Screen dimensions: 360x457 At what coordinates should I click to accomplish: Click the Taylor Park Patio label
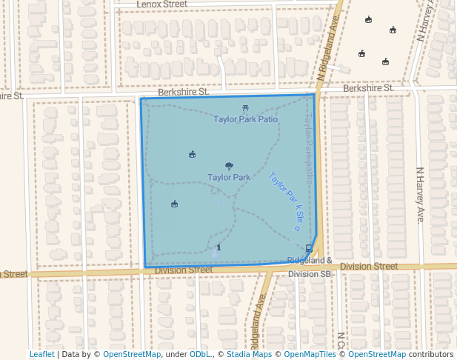246,119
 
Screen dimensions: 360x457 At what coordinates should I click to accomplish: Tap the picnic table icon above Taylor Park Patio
245,109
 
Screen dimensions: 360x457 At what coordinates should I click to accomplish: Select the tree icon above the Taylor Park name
229,167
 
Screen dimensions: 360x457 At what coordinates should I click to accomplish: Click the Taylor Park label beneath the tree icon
229,177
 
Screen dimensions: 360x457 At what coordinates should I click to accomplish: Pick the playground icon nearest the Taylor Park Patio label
193,154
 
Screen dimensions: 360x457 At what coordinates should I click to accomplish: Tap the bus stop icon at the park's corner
308,248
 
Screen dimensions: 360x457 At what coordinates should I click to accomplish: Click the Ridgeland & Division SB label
310,267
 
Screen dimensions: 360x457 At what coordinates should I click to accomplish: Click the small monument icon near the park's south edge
218,247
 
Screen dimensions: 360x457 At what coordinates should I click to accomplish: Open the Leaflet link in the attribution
41,354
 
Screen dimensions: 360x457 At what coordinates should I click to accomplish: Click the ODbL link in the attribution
200,354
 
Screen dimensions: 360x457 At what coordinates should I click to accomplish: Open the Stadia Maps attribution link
249,354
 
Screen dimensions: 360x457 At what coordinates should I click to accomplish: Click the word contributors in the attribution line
431,354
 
